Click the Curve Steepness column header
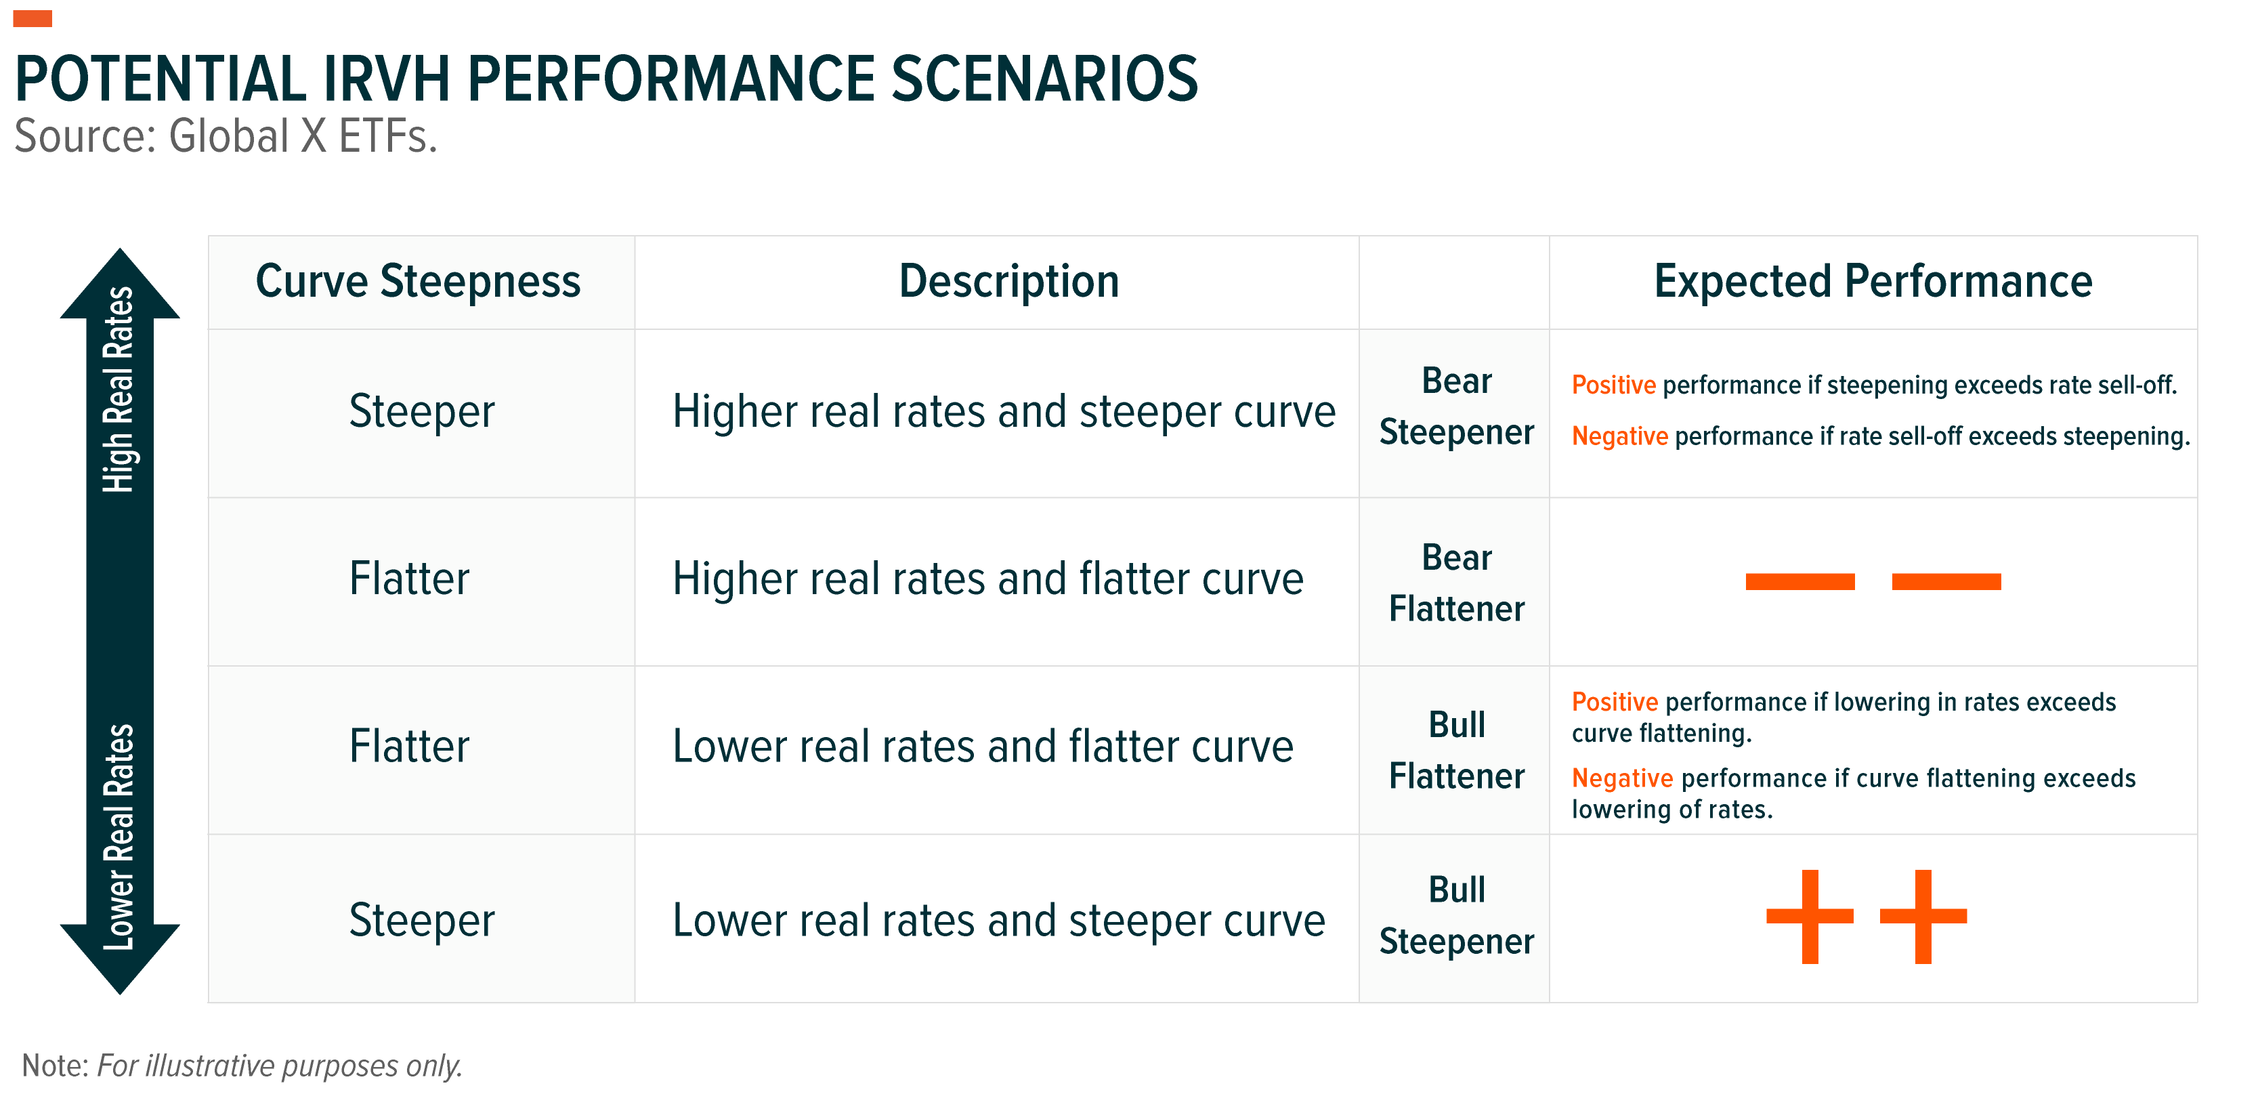pyautogui.click(x=418, y=281)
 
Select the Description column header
pyautogui.click(x=1009, y=281)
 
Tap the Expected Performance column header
pyautogui.click(x=1873, y=281)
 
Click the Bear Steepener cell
pyautogui.click(x=1456, y=406)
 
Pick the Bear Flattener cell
pyautogui.click(x=1456, y=583)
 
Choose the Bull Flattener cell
pyautogui.click(x=1456, y=751)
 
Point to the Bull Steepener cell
pyautogui.click(x=1456, y=915)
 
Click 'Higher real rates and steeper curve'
pyautogui.click(x=1004, y=411)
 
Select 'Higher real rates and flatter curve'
pyautogui.click(x=988, y=579)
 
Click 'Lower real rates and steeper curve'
pyautogui.click(x=998, y=921)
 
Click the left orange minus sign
pyautogui.click(x=1799, y=581)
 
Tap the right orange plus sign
pyautogui.click(x=1923, y=916)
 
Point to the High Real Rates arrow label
pyautogui.click(x=119, y=390)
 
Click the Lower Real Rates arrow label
pyautogui.click(x=119, y=837)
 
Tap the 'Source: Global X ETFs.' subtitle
pyautogui.click(x=226, y=137)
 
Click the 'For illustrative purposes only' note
pyautogui.click(x=280, y=1066)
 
